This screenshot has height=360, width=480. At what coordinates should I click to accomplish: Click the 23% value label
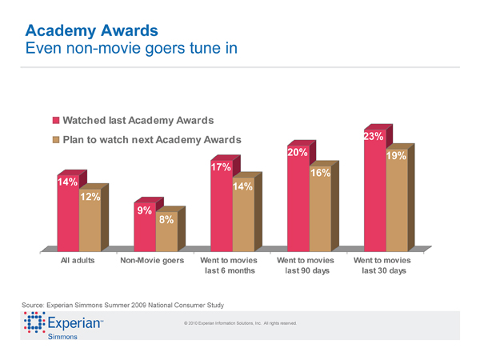tap(374, 137)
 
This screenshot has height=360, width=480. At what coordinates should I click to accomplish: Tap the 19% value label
tap(397, 157)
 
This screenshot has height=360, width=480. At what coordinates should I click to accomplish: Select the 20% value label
tap(298, 152)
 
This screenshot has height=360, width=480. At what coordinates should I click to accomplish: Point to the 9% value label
tap(145, 210)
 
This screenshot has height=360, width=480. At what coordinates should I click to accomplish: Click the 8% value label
tap(166, 220)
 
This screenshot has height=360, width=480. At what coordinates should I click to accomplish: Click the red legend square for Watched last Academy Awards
tap(56, 122)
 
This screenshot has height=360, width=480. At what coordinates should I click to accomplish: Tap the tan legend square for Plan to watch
tap(56, 141)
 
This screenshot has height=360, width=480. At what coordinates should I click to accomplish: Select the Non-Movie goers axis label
tap(152, 261)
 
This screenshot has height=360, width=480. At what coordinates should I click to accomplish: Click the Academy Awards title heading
tap(90, 31)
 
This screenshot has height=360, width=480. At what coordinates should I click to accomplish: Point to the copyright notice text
tap(240, 323)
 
